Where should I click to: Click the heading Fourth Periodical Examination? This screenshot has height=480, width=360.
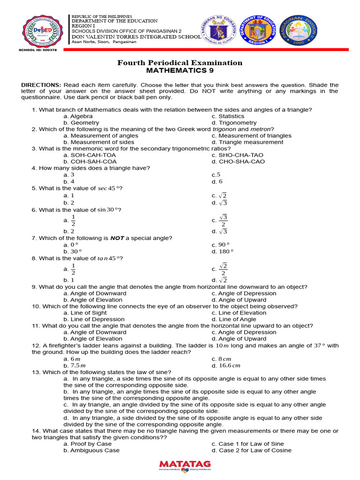pos(180,63)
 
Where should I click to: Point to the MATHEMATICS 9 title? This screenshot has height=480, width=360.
pos(180,71)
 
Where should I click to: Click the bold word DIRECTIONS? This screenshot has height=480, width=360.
pos(41,85)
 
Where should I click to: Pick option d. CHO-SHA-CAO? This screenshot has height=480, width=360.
pos(238,162)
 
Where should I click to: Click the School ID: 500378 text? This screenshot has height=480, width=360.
pos(37,50)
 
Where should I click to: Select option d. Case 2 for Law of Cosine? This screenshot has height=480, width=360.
pos(251,450)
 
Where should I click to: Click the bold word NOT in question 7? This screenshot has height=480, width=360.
pos(117,238)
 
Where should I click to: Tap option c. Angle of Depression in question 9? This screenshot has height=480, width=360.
pos(244,293)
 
